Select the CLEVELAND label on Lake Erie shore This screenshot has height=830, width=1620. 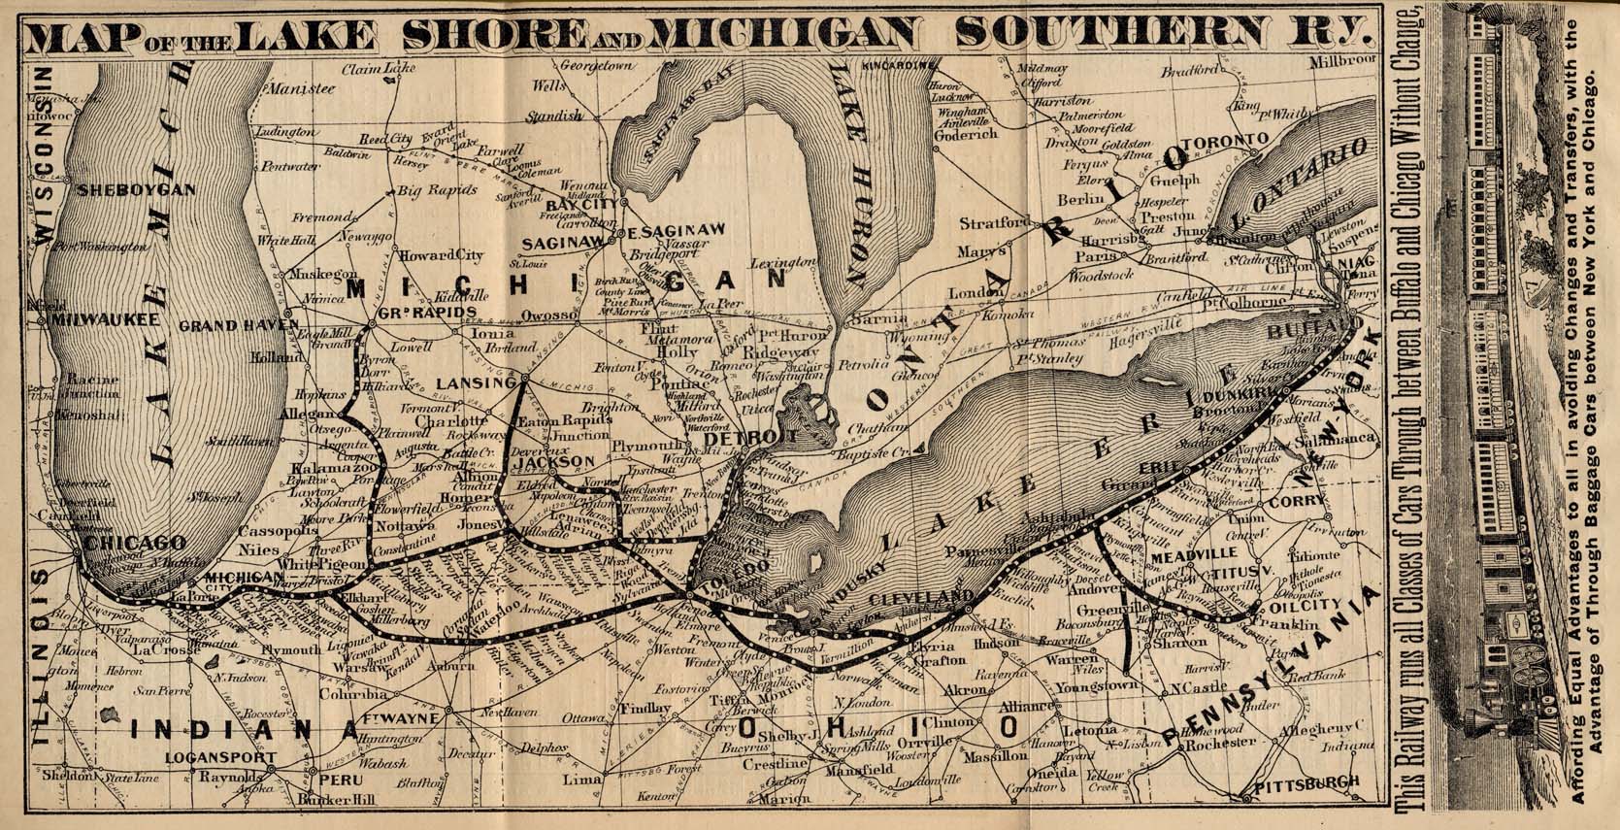[921, 595]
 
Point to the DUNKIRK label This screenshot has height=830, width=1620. [1237, 397]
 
